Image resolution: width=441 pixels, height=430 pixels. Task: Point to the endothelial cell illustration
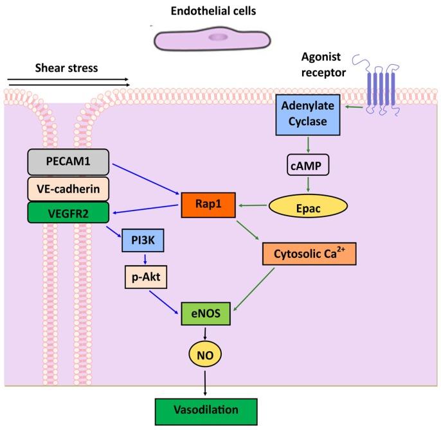click(212, 39)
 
